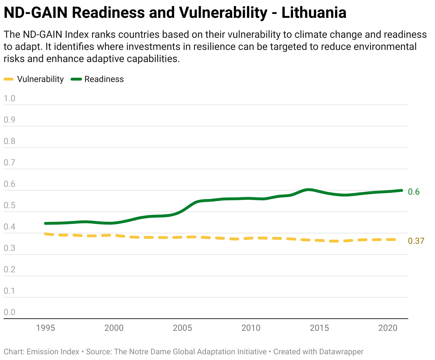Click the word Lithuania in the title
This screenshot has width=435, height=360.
[314, 12]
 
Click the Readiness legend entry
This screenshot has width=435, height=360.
[97, 79]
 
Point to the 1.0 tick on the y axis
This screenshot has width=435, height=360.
[9, 98]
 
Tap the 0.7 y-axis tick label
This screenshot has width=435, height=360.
[9, 163]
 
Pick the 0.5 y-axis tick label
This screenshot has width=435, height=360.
[9, 205]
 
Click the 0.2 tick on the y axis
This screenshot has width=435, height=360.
[9, 269]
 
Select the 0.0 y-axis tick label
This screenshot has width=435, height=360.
[9, 312]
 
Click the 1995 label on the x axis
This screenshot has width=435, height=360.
[46, 328]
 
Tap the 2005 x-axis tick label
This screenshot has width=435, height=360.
[183, 328]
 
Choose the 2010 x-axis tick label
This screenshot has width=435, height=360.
[251, 328]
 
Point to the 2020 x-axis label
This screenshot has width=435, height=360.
[388, 328]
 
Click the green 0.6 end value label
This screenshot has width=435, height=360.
[414, 192]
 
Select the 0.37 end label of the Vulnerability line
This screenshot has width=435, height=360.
[416, 241]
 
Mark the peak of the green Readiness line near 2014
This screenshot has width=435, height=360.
[308, 190]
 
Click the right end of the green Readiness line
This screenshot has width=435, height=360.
[401, 190]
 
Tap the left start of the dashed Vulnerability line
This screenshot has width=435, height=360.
[45, 234]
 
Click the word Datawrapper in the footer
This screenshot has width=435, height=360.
[341, 352]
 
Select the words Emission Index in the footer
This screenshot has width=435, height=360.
[53, 352]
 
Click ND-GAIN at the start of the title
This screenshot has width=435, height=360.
[36, 12]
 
